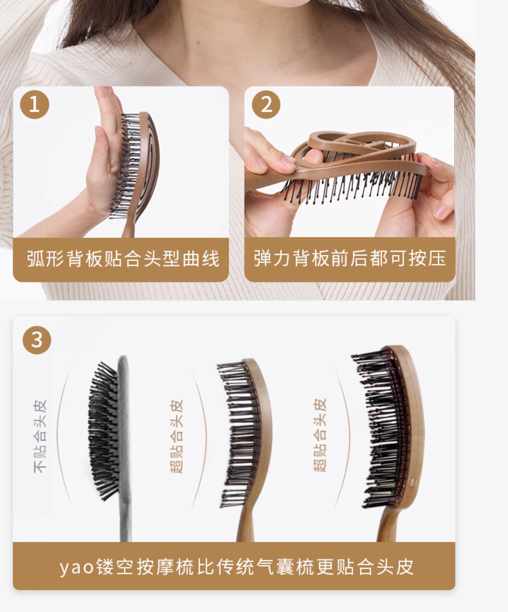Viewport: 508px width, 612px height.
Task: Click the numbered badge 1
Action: point(34,104)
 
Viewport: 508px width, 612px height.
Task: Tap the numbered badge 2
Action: point(266,104)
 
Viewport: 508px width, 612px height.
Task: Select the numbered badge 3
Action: point(37,340)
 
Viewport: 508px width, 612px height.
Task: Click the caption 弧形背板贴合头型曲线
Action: point(123,259)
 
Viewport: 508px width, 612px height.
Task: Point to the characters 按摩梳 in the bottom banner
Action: point(165,567)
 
